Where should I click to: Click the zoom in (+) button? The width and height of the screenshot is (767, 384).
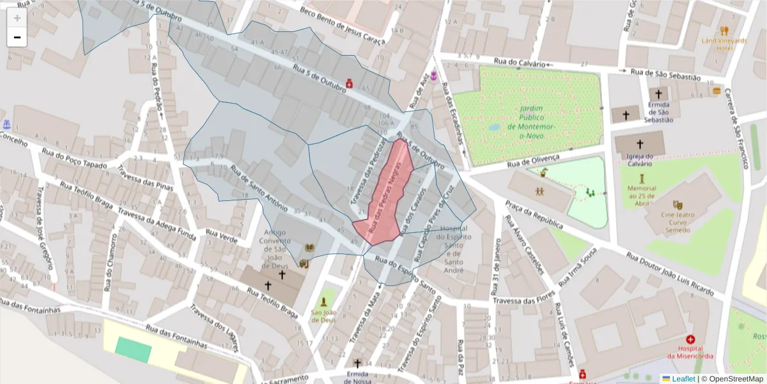coord(17,18)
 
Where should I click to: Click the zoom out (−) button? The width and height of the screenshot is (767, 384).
coord(17,37)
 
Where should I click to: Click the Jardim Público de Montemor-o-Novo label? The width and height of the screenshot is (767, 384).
coord(531,118)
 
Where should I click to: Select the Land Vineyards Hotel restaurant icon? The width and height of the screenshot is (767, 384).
coord(724,30)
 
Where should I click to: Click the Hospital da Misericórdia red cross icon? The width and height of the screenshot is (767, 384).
coord(690,339)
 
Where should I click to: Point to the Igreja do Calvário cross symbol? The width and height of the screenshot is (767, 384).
coord(640,145)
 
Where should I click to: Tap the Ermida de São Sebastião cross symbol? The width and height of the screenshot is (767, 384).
coord(658,94)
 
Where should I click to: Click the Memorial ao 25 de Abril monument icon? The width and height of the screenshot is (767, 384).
coord(642,179)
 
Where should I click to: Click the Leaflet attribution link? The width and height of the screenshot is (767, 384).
coord(683,378)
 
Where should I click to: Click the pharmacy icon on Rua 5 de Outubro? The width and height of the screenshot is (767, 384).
coord(350,83)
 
